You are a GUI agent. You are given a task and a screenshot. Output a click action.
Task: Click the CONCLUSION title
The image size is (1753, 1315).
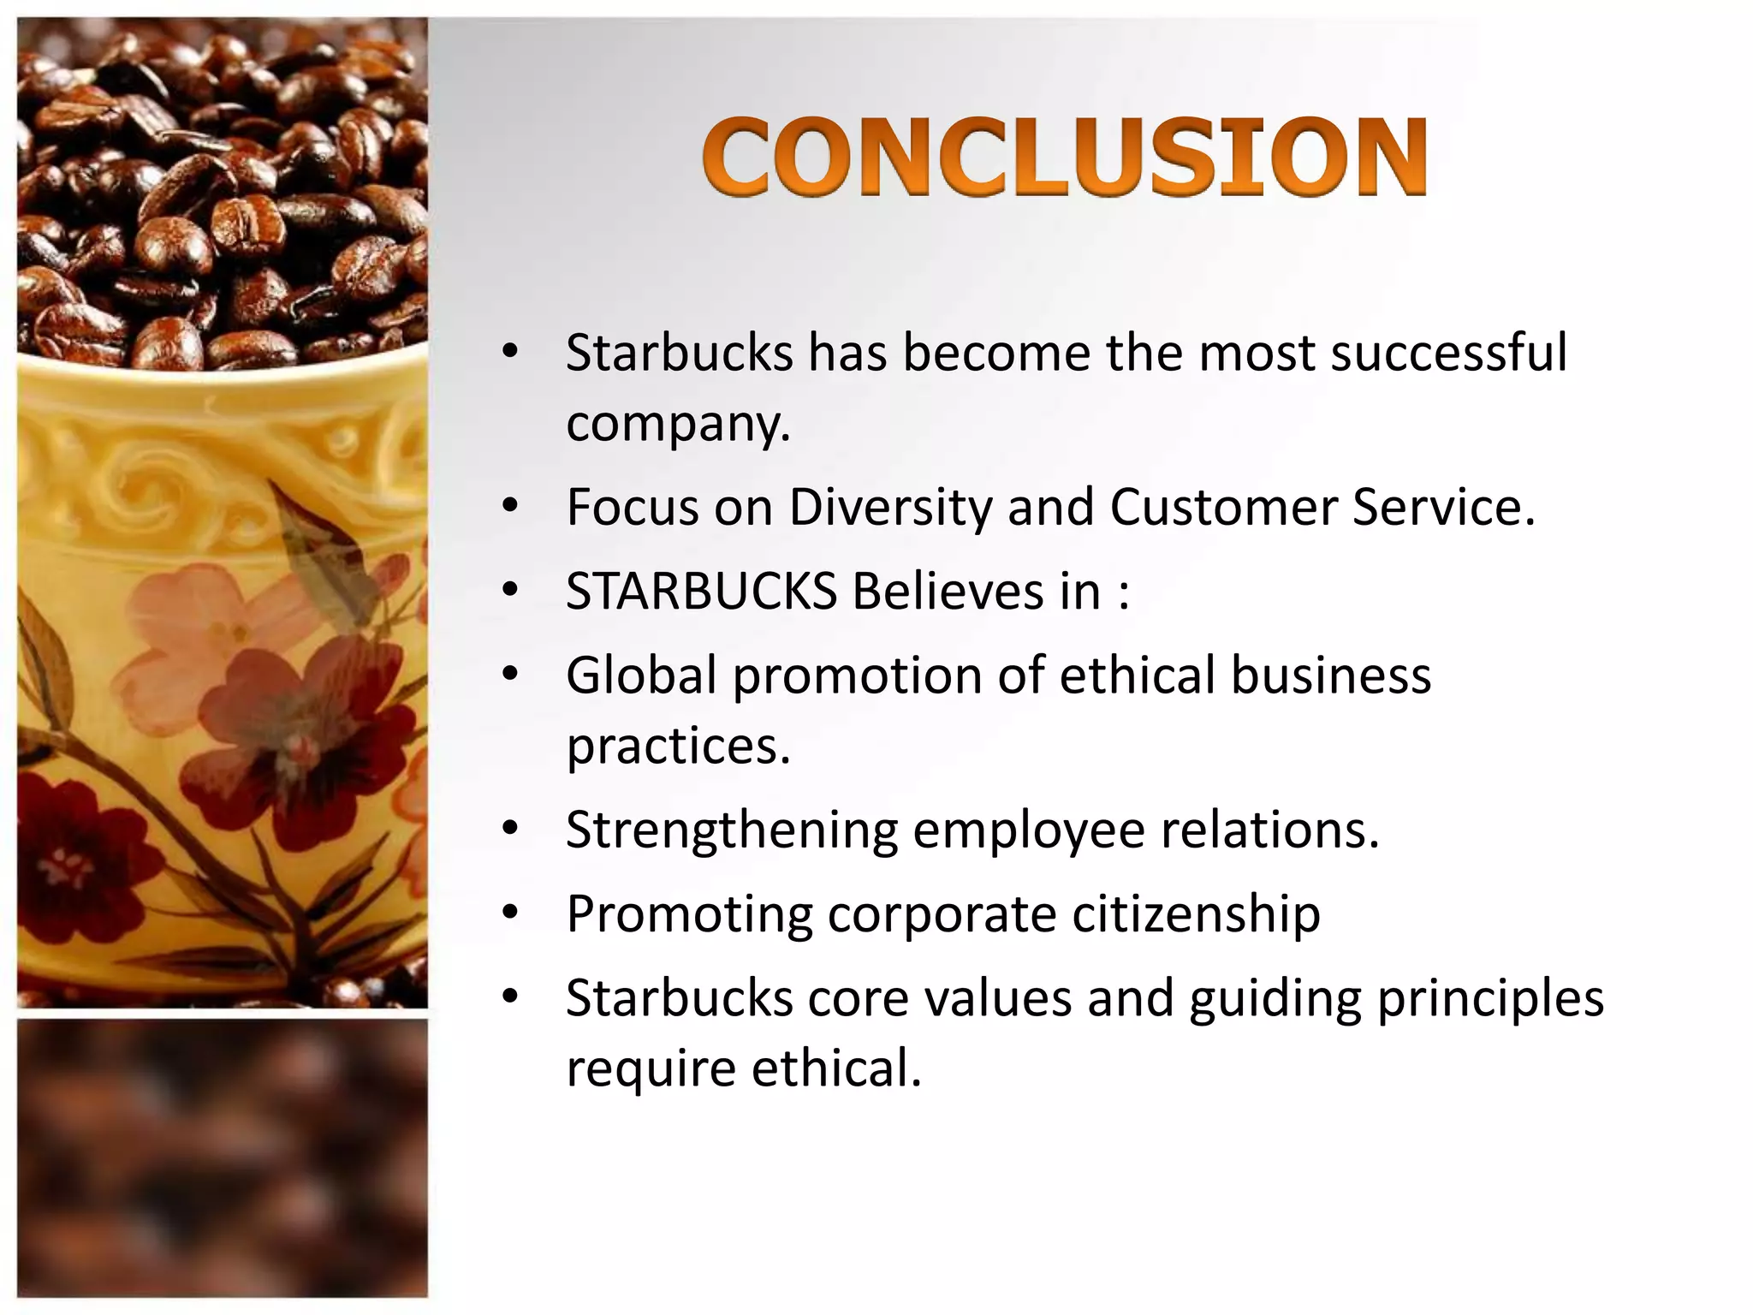(x=1064, y=158)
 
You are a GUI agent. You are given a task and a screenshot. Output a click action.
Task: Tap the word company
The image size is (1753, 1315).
(x=678, y=423)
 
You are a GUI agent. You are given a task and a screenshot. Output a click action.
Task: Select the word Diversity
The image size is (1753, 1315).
(x=889, y=507)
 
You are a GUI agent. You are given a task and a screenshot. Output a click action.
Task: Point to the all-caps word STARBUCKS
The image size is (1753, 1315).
(x=700, y=591)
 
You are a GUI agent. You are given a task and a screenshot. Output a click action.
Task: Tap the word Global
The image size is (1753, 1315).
(x=641, y=675)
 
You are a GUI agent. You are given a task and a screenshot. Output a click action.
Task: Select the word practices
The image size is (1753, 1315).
(x=678, y=746)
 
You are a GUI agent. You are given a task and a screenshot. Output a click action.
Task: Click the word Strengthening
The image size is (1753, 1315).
(x=731, y=830)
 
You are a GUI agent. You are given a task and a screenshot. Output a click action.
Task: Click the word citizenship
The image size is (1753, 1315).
(x=1196, y=913)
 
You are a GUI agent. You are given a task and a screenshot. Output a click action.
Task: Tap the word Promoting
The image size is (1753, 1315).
(x=688, y=913)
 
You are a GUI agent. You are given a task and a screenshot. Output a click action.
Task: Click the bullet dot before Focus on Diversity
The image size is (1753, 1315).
(x=510, y=507)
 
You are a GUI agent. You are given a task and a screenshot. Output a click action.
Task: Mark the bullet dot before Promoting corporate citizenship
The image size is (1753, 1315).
(x=510, y=913)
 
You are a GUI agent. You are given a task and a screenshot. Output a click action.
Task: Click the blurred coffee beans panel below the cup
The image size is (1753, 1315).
(x=223, y=1156)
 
